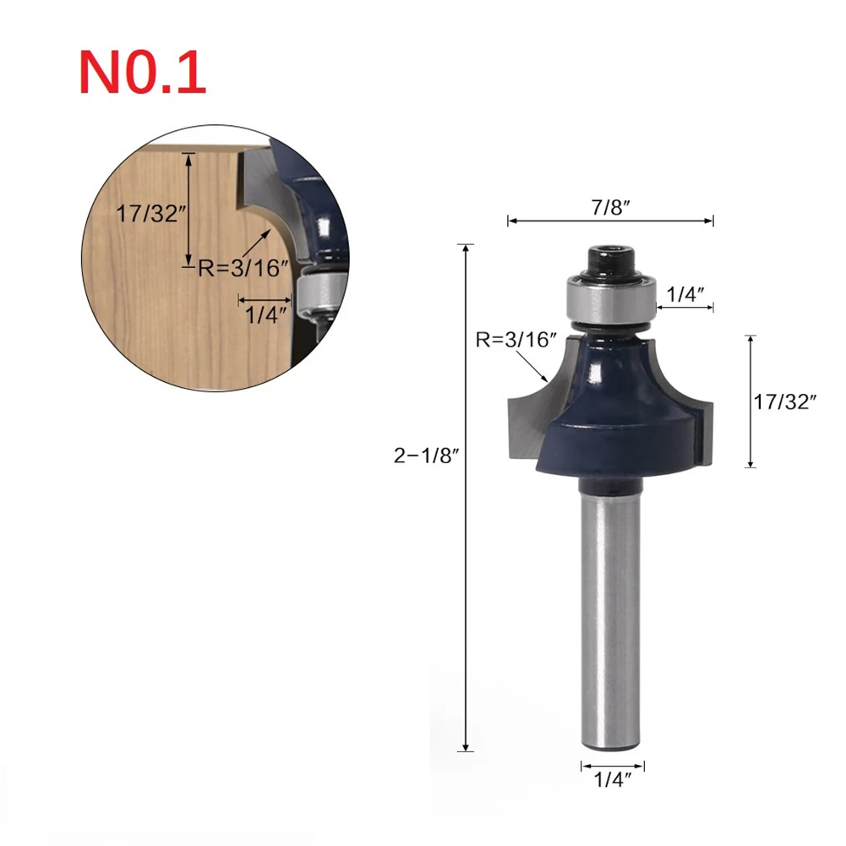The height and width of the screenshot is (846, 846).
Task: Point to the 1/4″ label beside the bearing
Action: point(685,295)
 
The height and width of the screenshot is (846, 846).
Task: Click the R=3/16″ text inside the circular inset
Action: point(243,270)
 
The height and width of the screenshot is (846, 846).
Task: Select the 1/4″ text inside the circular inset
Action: point(266,314)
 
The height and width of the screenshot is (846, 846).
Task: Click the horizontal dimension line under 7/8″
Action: point(610,221)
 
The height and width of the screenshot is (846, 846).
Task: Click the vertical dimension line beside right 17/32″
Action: point(750,401)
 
